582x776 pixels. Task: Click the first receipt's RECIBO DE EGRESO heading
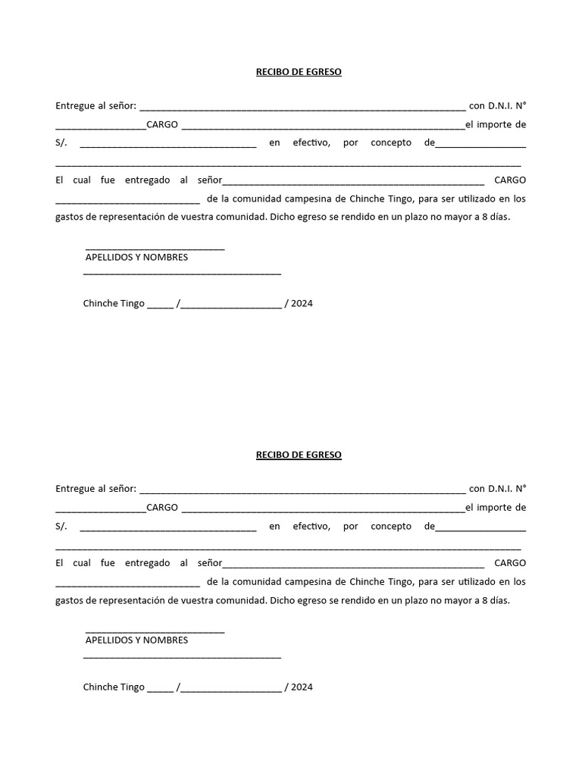[x=298, y=72]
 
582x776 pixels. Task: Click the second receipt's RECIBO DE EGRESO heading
[x=298, y=455]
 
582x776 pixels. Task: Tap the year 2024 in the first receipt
[x=302, y=303]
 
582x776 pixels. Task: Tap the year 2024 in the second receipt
[x=302, y=687]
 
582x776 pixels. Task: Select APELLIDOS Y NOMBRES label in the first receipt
[x=136, y=257]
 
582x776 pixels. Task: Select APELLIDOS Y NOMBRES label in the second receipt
[x=136, y=640]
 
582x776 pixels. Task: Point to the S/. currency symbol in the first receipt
[x=61, y=142]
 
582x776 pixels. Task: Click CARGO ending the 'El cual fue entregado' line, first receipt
[x=509, y=180]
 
